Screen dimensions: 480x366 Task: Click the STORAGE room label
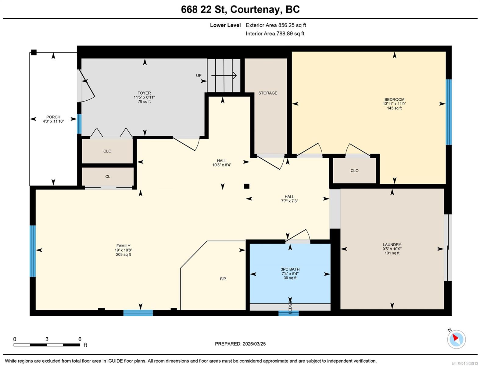point(268,93)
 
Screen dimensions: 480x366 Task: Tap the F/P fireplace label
point(223,279)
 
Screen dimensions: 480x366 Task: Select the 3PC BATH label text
point(290,269)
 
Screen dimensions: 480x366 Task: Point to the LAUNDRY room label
point(392,244)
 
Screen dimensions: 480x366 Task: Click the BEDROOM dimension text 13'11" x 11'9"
point(394,104)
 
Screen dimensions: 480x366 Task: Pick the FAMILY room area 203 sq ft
point(123,254)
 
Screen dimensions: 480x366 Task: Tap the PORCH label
point(53,117)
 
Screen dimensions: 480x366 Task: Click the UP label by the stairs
point(199,75)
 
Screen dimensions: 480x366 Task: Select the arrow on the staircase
point(224,75)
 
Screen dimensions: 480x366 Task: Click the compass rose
point(456,339)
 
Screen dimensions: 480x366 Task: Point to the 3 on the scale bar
point(47,339)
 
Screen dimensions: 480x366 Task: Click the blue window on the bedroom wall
point(448,112)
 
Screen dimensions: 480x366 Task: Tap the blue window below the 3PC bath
point(288,313)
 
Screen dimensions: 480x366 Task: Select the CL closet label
point(108,176)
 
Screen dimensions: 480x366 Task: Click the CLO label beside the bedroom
point(354,170)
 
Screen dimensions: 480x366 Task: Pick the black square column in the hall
point(246,186)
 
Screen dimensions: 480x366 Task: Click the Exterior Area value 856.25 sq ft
point(292,25)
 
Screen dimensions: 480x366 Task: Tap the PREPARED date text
point(240,344)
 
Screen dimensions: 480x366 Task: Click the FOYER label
point(144,93)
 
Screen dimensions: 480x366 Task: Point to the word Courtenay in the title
point(255,9)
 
